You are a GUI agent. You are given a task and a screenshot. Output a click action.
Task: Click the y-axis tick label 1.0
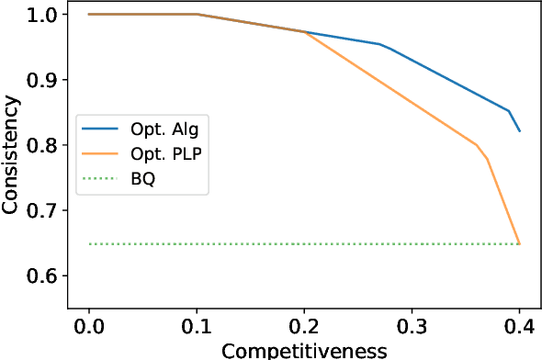(x=41, y=15)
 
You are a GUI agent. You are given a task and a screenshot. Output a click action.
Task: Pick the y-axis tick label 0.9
(x=41, y=80)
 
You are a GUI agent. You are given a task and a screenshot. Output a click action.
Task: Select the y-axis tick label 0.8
(x=41, y=145)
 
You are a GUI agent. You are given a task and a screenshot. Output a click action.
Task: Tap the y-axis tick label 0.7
(x=41, y=210)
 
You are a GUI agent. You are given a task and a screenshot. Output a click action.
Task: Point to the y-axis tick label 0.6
(x=41, y=276)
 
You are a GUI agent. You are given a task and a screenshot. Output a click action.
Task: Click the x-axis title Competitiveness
(x=304, y=350)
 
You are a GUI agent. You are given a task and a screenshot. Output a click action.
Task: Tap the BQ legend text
(x=142, y=179)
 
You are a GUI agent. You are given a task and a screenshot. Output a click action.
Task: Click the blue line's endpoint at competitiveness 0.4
(x=519, y=131)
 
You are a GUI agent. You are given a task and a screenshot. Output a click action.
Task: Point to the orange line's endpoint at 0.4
(x=519, y=243)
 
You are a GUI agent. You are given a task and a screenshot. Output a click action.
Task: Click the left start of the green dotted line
(x=89, y=244)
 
